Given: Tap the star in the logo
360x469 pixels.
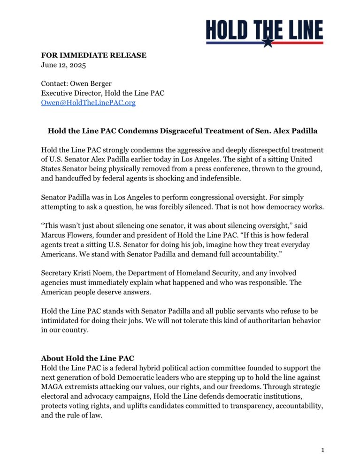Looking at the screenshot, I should [x=267, y=42].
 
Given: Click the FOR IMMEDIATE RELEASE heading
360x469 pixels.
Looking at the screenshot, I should [x=94, y=55].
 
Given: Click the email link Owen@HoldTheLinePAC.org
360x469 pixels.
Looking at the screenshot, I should [x=88, y=103].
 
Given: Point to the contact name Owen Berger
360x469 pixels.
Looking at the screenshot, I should [x=92, y=84].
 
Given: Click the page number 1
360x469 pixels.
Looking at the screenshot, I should [x=323, y=451].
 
